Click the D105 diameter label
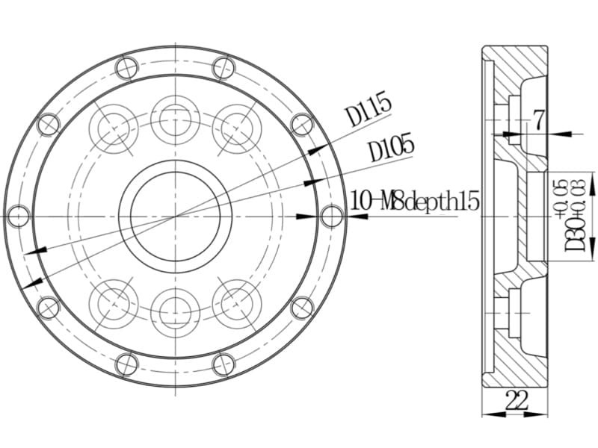(392, 147)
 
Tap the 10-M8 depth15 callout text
(414, 201)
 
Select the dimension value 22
(517, 400)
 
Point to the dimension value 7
(538, 120)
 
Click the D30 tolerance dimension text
(575, 216)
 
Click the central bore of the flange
(176, 217)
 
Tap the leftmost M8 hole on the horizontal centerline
(19, 216)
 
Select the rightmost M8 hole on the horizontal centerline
(332, 216)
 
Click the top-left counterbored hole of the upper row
(114, 128)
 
